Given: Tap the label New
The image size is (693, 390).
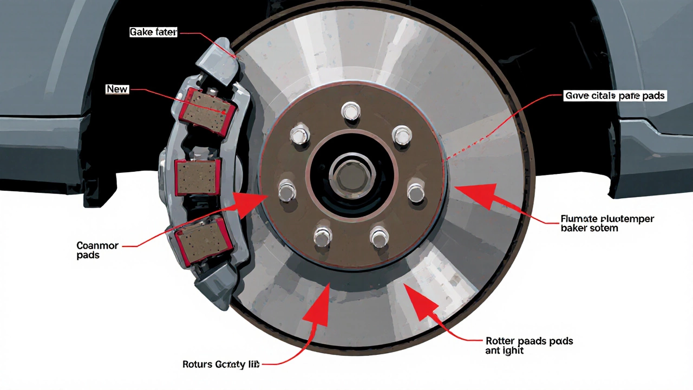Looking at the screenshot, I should click(x=117, y=89).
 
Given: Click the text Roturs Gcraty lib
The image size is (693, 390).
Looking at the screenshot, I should click(x=221, y=365).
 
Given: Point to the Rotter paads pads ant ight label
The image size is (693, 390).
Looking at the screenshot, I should click(x=529, y=346).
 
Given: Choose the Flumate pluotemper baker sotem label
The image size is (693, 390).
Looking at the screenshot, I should click(x=607, y=224).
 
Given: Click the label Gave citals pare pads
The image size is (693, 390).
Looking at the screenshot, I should click(x=614, y=96).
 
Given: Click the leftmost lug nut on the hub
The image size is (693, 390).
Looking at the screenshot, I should click(x=287, y=191).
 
